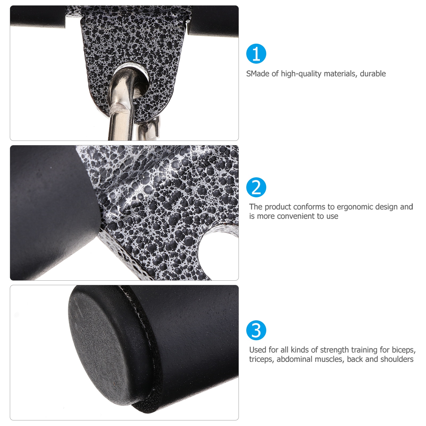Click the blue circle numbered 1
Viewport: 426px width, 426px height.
[x=256, y=54]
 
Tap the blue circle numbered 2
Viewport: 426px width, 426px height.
[x=256, y=187]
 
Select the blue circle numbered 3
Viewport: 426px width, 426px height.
[x=256, y=330]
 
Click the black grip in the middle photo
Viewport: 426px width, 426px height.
[x=51, y=213]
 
